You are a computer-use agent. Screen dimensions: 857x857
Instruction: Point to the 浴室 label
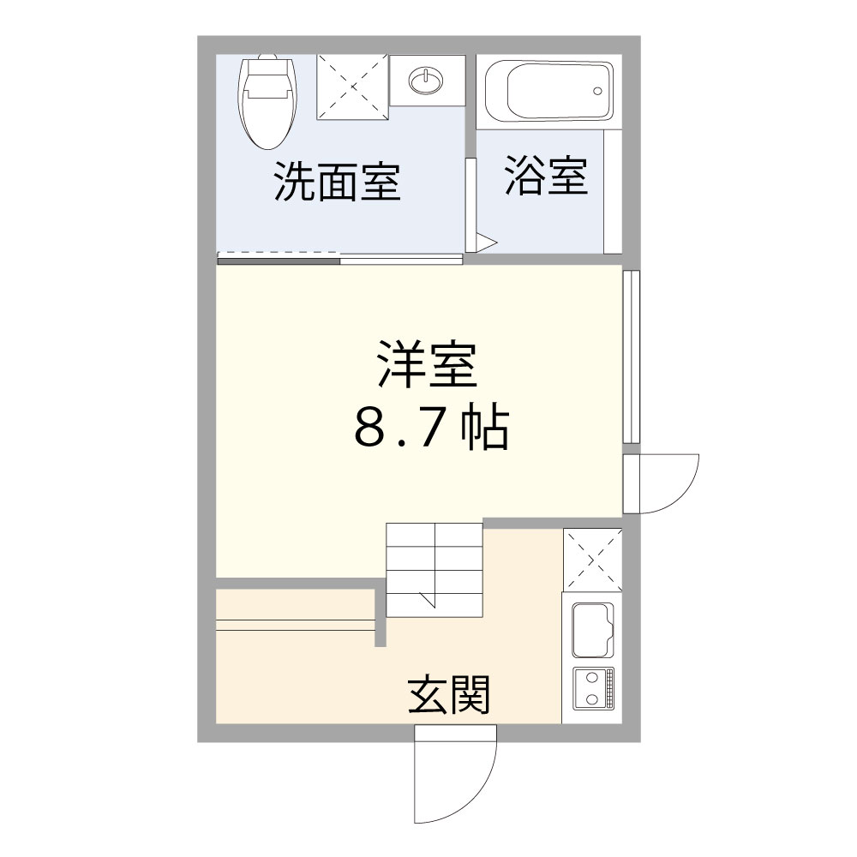coord(546,175)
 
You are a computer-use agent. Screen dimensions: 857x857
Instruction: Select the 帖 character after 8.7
coord(484,430)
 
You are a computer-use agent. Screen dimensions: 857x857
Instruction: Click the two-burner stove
coord(591,686)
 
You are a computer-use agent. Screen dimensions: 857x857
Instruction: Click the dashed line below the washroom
coord(279,254)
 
